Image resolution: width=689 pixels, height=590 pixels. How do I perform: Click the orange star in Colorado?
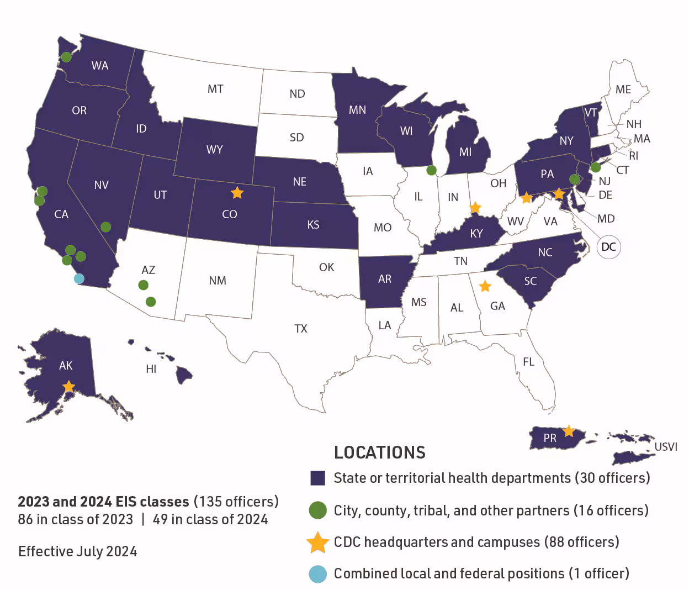tap(237, 193)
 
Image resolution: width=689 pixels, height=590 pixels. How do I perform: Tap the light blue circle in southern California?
tap(79, 278)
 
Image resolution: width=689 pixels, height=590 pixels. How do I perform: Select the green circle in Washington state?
tap(66, 56)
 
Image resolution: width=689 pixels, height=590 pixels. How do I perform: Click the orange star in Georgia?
tap(485, 286)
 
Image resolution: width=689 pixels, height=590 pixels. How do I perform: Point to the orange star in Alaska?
tap(68, 387)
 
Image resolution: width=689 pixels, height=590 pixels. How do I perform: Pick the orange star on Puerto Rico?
tap(568, 431)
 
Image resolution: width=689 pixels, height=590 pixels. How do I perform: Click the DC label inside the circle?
tap(608, 246)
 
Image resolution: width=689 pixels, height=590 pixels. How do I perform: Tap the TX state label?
tap(301, 329)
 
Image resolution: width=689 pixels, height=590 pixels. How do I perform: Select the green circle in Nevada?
tap(105, 227)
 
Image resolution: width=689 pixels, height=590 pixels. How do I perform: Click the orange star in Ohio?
tap(475, 208)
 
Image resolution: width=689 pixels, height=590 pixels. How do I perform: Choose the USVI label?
tap(665, 446)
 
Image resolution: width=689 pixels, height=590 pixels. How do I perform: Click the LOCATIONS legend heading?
tap(380, 452)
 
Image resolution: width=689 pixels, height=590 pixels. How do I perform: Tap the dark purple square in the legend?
tap(317, 478)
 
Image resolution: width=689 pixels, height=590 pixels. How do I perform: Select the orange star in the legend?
tap(317, 542)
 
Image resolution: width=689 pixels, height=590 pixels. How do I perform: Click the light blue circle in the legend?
tap(317, 574)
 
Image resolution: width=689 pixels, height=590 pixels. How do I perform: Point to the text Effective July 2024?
tap(78, 551)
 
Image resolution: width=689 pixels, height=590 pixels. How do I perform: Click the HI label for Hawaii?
tap(151, 369)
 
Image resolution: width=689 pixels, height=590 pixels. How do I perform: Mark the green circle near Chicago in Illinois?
tap(431, 170)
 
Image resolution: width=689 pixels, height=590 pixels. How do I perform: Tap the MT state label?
tap(215, 89)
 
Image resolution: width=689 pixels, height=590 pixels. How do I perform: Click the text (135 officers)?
tap(236, 502)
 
